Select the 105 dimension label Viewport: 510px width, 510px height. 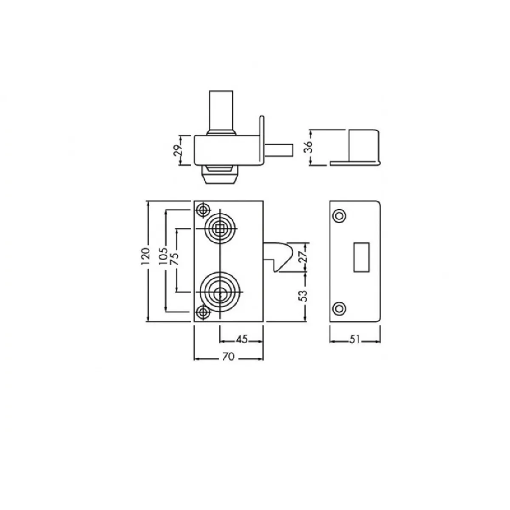pos(163,256)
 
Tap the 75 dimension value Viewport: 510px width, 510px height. pos(175,259)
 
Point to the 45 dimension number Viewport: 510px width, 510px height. pos(241,339)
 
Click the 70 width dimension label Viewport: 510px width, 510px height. pos(228,357)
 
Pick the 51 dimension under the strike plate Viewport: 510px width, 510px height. pos(355,339)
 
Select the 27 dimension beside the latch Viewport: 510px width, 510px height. pos(303,256)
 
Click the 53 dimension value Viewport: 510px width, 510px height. pos(303,296)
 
